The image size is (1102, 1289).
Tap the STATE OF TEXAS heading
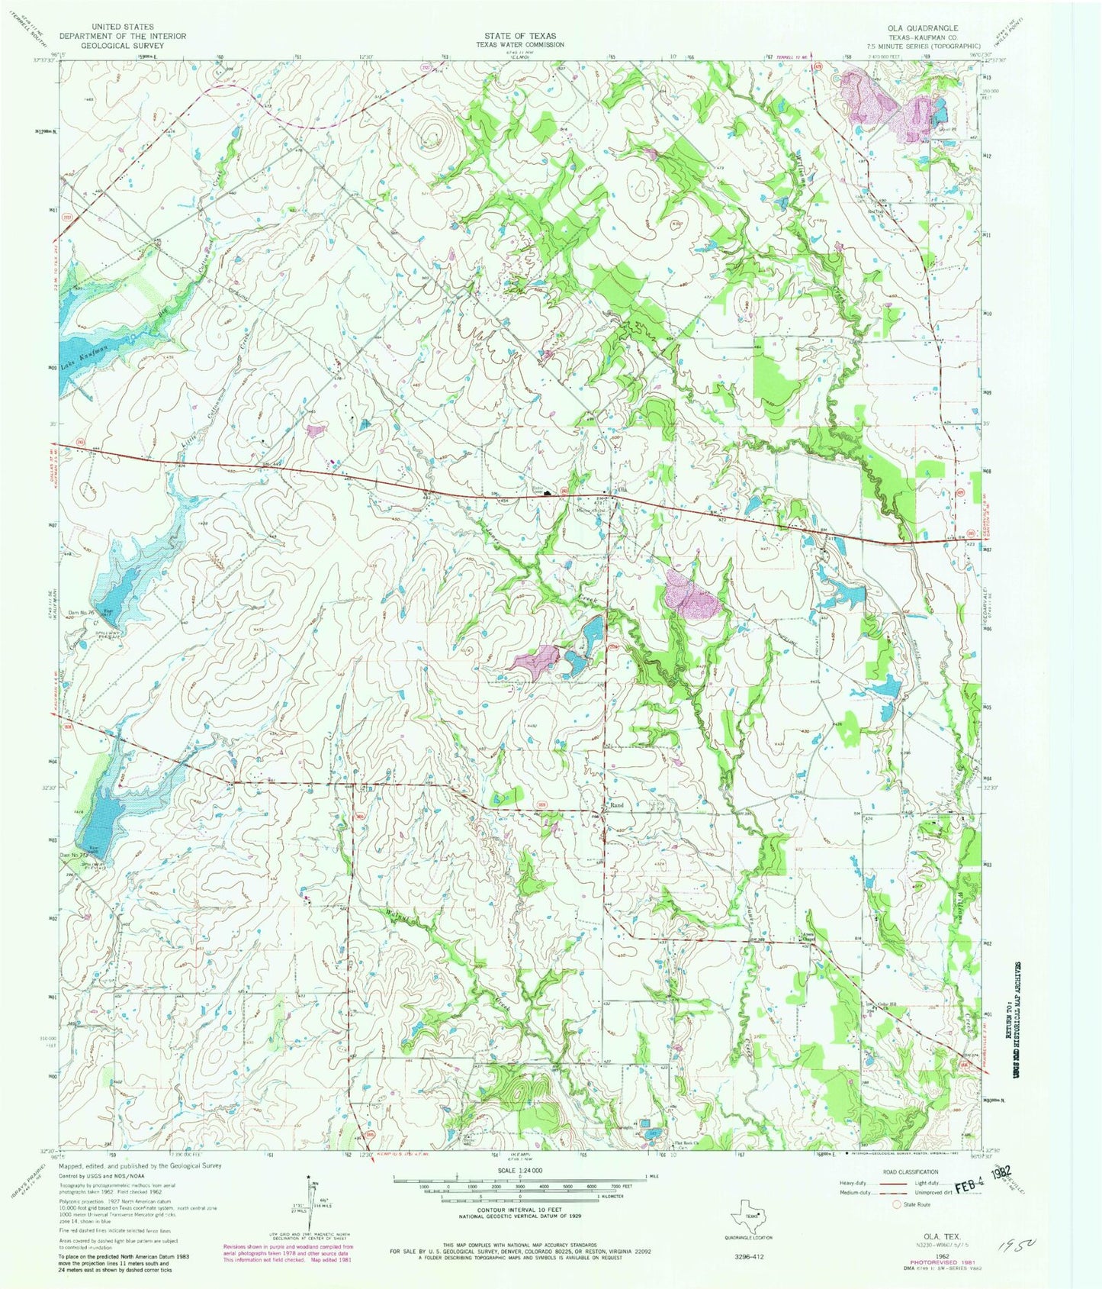(x=520, y=36)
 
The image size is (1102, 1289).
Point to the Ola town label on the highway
(x=622, y=490)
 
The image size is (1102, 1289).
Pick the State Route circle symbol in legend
(x=897, y=1205)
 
